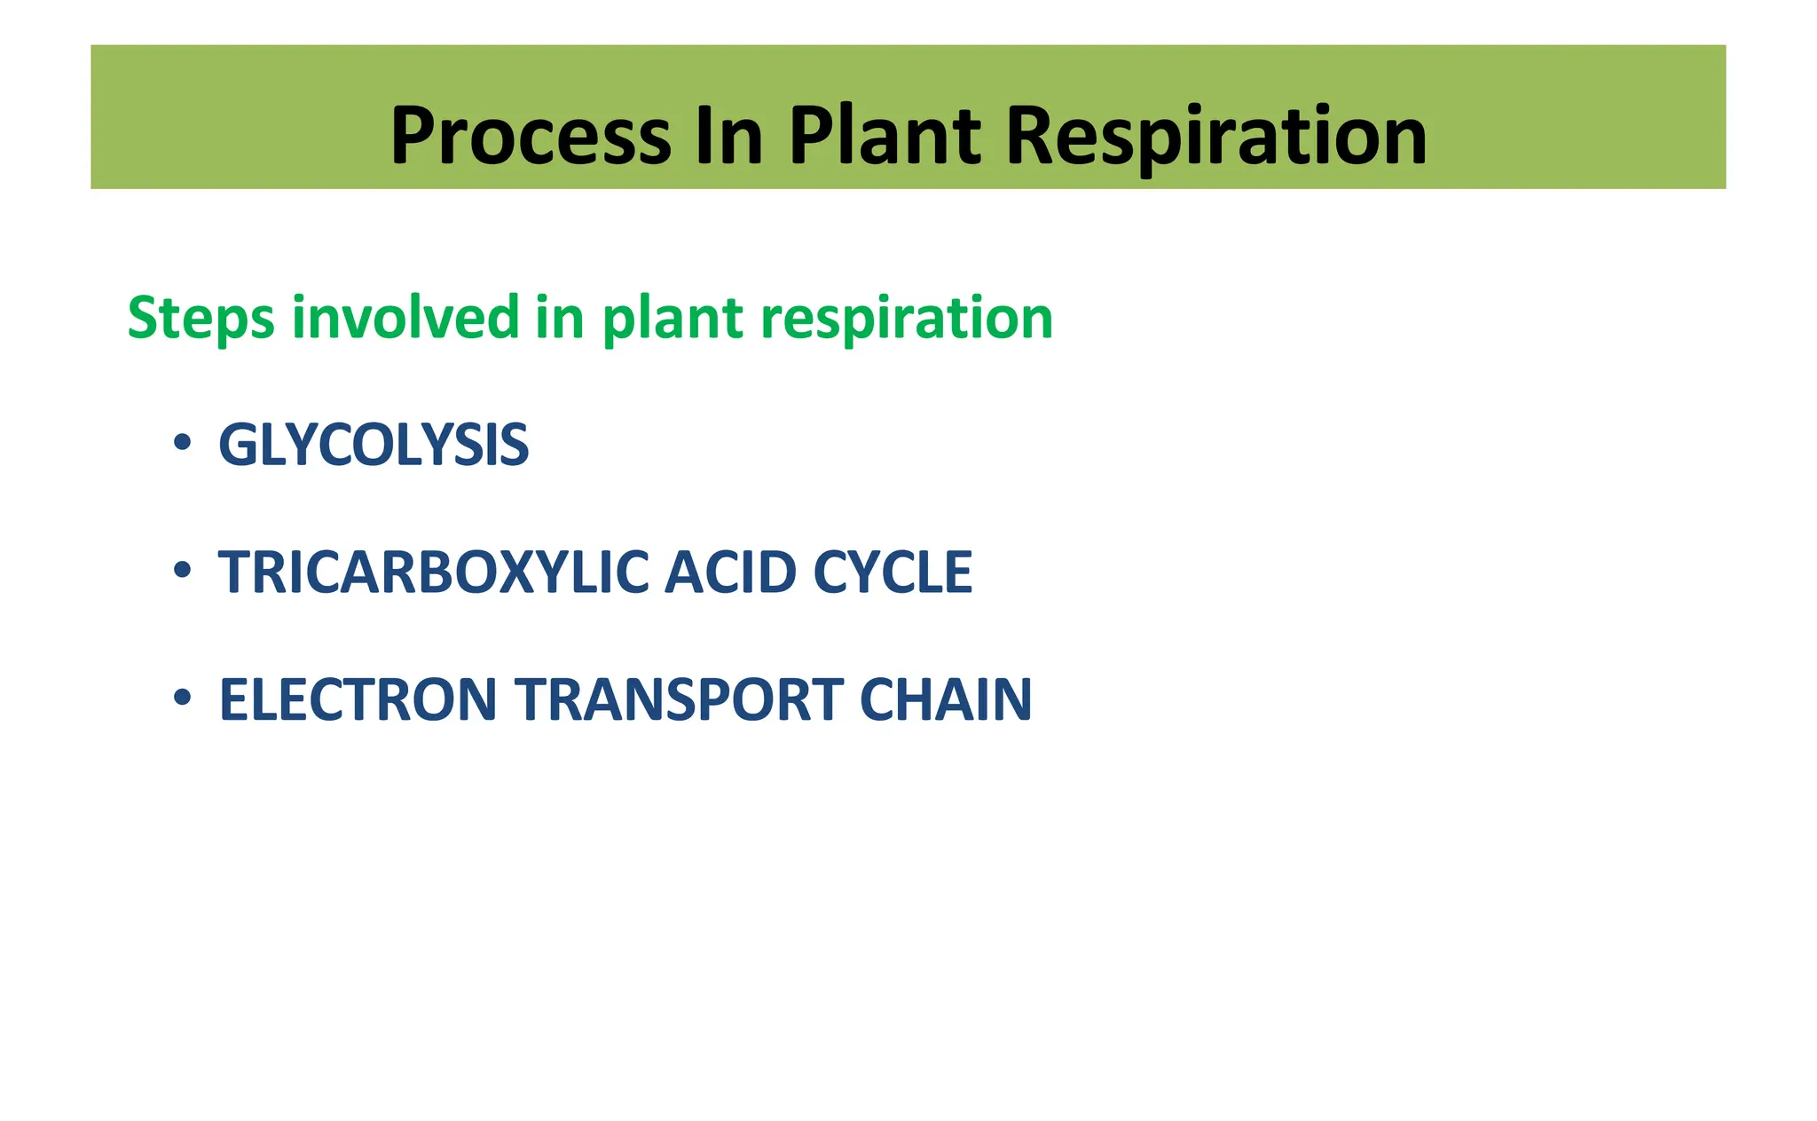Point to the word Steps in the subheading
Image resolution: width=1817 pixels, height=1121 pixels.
coord(201,318)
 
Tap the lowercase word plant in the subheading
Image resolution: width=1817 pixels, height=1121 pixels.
coord(673,318)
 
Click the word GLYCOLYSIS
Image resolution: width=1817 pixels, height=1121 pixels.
coord(374,445)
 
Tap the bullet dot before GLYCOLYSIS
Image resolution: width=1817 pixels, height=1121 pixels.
coord(182,442)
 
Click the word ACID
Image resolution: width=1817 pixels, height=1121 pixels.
coord(731,572)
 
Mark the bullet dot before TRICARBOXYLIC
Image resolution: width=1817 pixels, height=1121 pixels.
coord(182,570)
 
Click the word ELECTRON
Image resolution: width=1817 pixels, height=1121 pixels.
coord(358,700)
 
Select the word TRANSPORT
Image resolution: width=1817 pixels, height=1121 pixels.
coord(679,700)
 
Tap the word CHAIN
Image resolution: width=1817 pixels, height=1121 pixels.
coord(946,700)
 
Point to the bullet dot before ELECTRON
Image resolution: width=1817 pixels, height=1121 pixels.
coord(182,698)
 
